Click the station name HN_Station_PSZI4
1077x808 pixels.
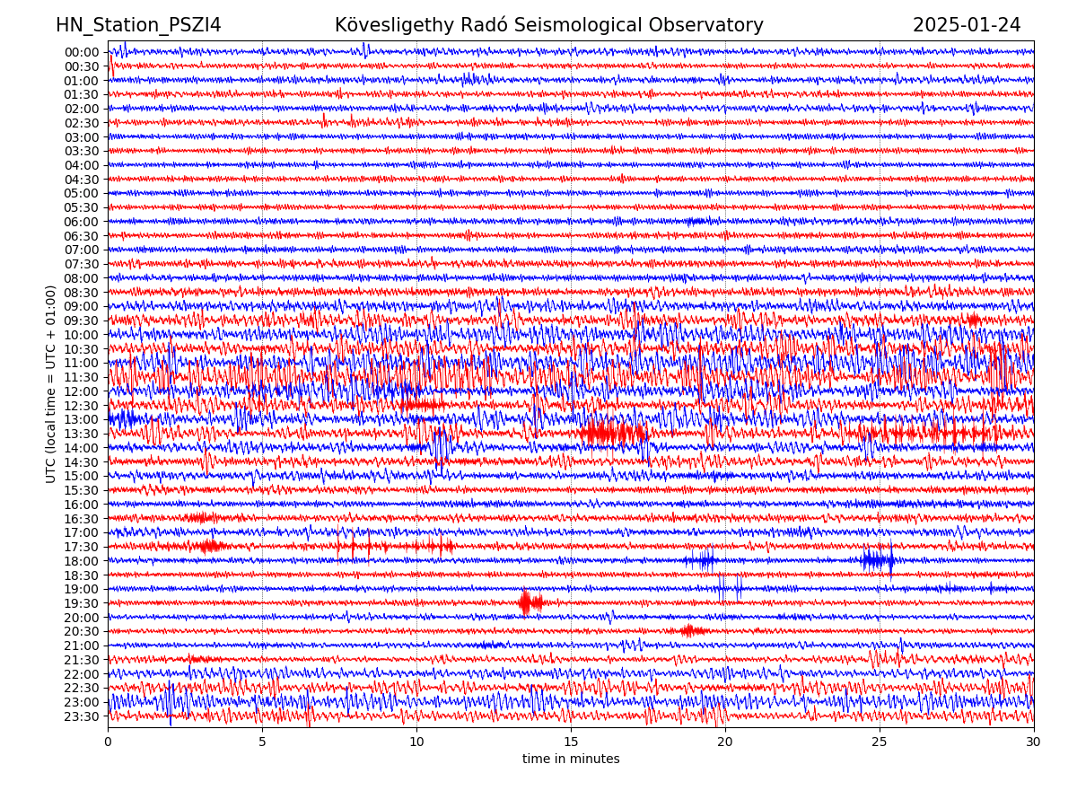point(138,25)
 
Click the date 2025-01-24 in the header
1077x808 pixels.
point(967,25)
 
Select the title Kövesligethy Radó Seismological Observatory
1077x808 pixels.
point(548,25)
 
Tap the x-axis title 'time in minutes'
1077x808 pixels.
point(571,759)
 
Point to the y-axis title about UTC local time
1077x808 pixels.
point(51,383)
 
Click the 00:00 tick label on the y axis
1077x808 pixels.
point(81,52)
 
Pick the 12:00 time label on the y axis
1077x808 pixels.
point(81,391)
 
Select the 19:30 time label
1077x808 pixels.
point(81,603)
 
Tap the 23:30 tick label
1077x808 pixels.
point(81,716)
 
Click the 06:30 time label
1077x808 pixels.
point(81,236)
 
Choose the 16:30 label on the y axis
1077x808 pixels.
point(81,519)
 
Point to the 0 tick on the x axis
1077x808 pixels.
point(108,742)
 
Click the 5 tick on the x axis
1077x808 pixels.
point(262,742)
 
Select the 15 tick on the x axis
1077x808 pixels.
point(571,742)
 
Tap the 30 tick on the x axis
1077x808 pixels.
point(1034,742)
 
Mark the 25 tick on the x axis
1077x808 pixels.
point(880,742)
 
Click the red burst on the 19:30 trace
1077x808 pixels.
point(530,602)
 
